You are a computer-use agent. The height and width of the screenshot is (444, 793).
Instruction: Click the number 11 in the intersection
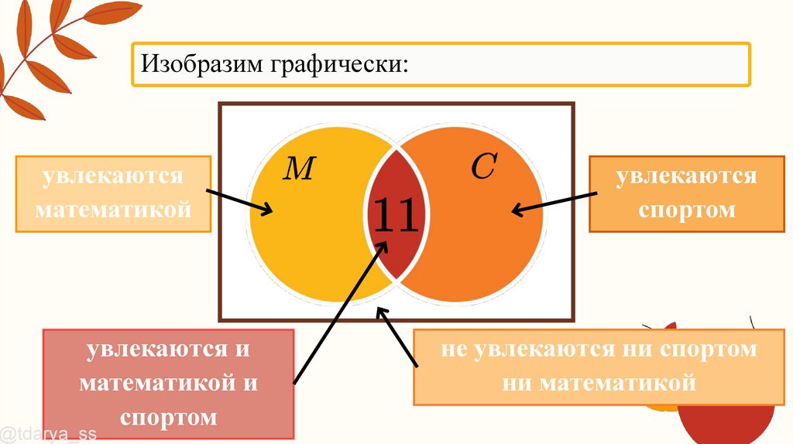click(396, 216)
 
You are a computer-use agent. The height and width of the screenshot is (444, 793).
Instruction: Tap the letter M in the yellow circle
click(297, 169)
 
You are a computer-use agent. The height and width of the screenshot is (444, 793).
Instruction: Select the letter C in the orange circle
click(482, 167)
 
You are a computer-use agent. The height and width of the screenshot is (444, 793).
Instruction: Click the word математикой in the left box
click(113, 209)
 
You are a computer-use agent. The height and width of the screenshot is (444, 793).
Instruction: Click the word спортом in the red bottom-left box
click(169, 418)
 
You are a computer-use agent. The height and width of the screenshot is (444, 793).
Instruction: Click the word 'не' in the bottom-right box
click(455, 349)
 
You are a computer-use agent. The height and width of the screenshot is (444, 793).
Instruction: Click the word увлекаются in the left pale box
click(113, 176)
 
